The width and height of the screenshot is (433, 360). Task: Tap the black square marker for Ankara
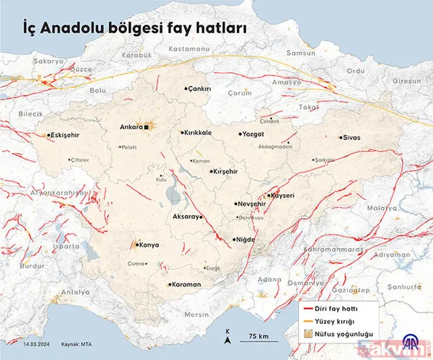coord(146,128)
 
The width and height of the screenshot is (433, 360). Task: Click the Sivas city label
coord(351,137)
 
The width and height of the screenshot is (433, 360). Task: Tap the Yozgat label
coord(257,133)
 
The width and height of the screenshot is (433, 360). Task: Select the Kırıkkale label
coord(198,133)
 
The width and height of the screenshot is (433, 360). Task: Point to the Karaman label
coord(185,284)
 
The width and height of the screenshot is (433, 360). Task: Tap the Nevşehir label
coord(253,204)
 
